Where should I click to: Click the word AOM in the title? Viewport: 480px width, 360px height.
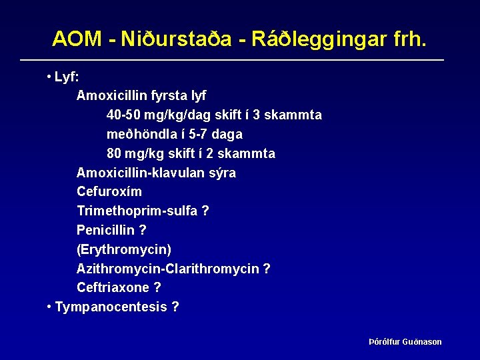77,39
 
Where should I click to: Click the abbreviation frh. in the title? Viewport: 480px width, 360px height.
404,39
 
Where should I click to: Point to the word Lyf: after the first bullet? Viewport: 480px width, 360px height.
67,77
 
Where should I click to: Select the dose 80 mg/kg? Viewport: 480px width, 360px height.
136,153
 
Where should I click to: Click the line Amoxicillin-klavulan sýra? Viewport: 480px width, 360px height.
156,173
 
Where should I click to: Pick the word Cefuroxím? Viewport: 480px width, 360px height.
109,192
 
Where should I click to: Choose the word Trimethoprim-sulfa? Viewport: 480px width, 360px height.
137,211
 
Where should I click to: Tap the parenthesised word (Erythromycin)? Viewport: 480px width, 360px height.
124,249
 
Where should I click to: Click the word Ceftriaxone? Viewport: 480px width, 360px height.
113,287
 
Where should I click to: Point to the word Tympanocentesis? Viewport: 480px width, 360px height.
111,307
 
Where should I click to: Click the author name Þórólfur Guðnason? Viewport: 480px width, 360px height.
405,342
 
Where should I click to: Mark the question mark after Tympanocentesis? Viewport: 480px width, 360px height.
175,307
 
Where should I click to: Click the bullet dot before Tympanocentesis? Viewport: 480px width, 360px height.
49,307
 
